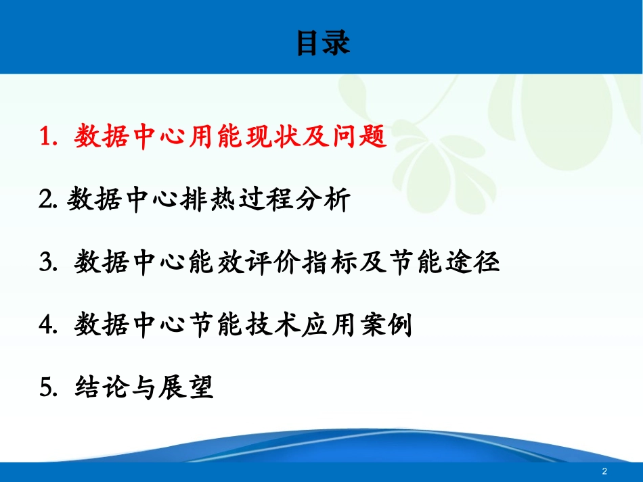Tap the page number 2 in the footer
[x=604, y=471]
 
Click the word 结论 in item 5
[x=95, y=388]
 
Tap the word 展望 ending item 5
[x=187, y=388]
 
